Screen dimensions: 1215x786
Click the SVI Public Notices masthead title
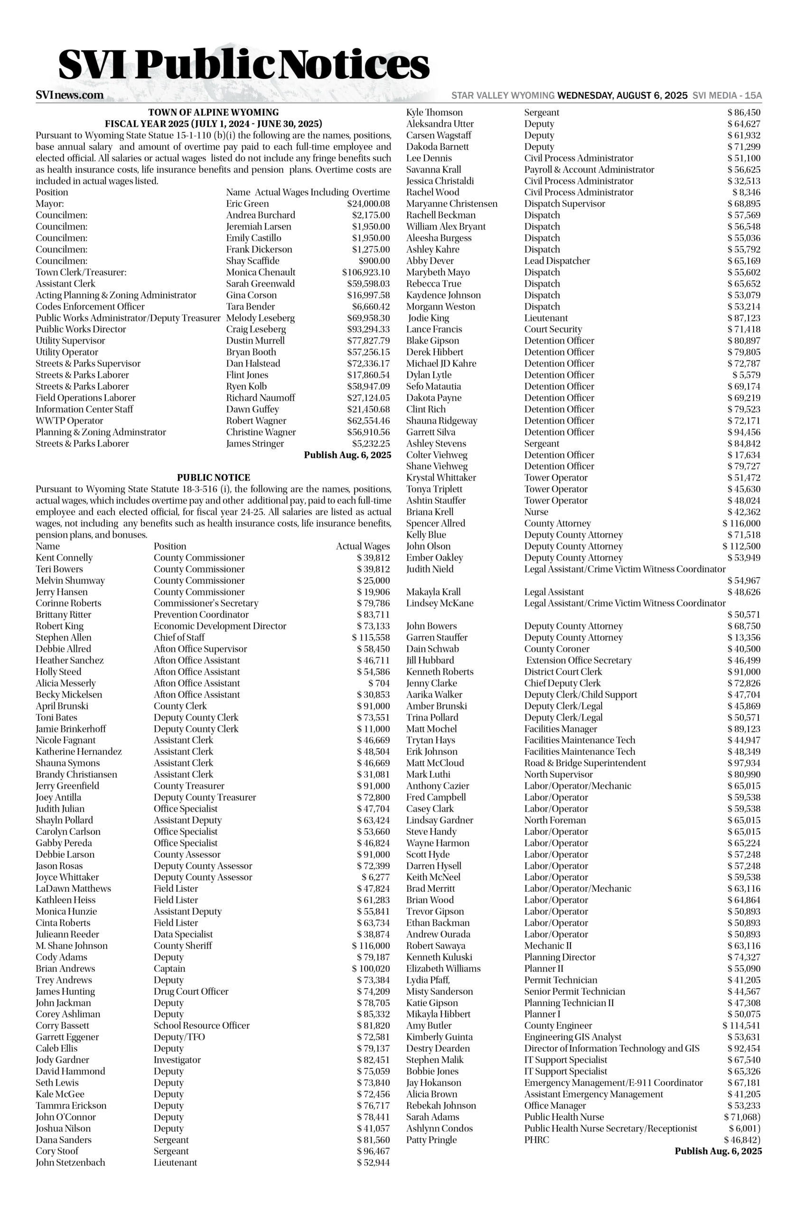pyautogui.click(x=244, y=65)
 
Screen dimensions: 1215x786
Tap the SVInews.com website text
pyautogui.click(x=69, y=95)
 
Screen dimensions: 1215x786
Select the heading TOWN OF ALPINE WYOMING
pyautogui.click(x=213, y=112)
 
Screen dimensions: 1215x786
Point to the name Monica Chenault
pyautogui.click(x=260, y=272)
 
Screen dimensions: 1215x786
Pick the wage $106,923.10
pyautogui.click(x=365, y=272)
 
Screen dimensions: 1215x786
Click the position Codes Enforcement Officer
pyautogui.click(x=90, y=306)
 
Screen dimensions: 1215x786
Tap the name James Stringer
pyautogui.click(x=255, y=443)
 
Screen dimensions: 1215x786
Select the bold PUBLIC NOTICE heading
pyautogui.click(x=213, y=477)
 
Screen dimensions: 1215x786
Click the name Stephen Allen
pyautogui.click(x=63, y=637)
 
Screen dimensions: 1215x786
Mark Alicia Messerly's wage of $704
pyautogui.click(x=379, y=683)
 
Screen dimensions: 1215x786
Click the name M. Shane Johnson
pyautogui.click(x=72, y=945)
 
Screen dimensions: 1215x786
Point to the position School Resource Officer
pyautogui.click(x=202, y=1026)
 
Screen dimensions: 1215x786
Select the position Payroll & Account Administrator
pyautogui.click(x=589, y=169)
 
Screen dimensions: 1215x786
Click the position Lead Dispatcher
pyautogui.click(x=557, y=261)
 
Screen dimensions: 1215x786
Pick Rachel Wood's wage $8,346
pyautogui.click(x=746, y=192)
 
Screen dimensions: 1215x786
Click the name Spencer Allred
pyautogui.click(x=435, y=523)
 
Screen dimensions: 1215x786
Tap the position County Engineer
pyautogui.click(x=558, y=1026)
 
